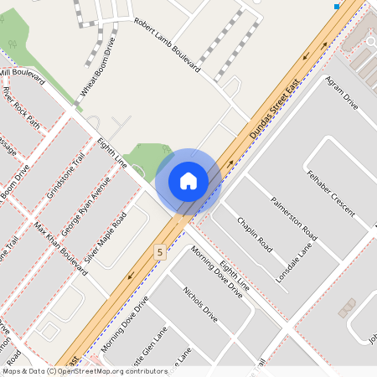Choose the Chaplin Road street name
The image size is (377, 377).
click(x=255, y=235)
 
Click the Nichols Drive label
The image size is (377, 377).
click(x=199, y=307)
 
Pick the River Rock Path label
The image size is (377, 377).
click(x=21, y=107)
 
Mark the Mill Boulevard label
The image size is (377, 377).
click(x=22, y=76)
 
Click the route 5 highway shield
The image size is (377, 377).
click(x=159, y=250)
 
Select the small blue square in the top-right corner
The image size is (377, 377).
click(x=337, y=7)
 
